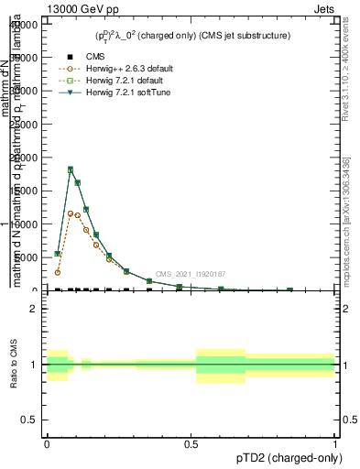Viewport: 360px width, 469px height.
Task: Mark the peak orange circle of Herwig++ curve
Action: point(71,213)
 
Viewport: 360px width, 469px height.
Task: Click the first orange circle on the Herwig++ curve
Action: point(58,272)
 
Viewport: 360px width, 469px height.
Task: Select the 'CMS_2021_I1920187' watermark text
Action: point(191,274)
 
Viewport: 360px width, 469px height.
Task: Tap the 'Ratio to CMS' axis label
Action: point(15,364)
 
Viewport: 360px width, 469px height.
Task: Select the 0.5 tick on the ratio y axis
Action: point(27,420)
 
